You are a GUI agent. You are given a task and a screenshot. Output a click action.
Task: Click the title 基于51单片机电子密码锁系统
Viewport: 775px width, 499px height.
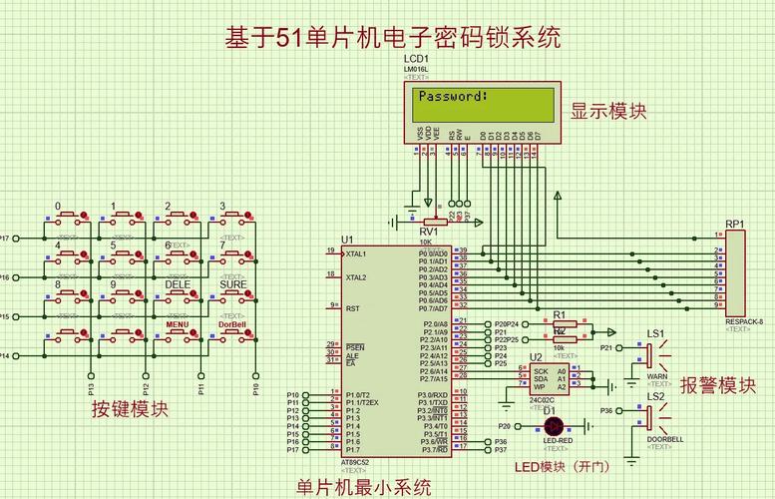click(392, 38)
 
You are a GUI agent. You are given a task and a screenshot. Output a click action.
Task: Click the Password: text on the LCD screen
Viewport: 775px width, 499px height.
click(453, 97)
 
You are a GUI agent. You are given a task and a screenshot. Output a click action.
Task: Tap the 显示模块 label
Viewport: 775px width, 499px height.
click(607, 111)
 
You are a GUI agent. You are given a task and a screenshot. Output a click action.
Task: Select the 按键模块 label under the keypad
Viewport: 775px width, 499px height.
click(130, 409)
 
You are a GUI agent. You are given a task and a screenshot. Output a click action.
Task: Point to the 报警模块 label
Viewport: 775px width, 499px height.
click(717, 385)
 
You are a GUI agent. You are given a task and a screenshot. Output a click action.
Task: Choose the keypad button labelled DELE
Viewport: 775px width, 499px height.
click(178, 296)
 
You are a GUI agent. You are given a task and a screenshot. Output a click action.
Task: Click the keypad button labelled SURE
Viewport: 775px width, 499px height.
click(233, 296)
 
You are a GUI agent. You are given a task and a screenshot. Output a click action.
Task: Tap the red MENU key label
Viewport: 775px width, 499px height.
click(178, 325)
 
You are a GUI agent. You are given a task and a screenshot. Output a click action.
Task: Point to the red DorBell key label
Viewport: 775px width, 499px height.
click(232, 325)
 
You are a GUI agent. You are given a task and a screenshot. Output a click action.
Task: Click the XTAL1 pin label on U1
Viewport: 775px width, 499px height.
click(356, 255)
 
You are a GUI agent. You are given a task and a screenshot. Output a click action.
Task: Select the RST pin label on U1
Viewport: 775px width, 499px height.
click(352, 308)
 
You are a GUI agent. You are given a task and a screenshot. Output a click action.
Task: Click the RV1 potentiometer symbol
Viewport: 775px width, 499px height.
click(433, 222)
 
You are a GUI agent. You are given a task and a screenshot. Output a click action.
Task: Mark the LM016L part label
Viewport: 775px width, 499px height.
click(417, 69)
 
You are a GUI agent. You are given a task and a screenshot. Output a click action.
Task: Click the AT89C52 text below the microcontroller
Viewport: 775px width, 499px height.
click(355, 463)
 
